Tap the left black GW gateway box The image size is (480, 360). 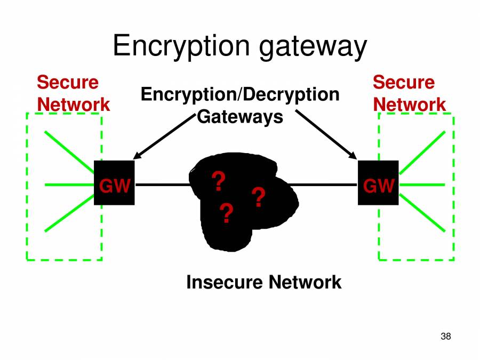(114, 182)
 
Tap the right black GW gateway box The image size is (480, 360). (378, 182)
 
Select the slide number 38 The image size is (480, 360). (446, 337)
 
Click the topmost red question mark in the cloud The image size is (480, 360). (218, 182)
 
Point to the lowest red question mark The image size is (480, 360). (226, 214)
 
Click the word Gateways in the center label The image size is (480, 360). (240, 116)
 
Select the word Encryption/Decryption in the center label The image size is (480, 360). (240, 95)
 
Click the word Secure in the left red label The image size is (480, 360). (68, 83)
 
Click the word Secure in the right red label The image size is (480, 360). (404, 83)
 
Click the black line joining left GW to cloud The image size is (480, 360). (162, 185)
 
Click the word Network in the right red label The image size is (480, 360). (410, 105)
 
